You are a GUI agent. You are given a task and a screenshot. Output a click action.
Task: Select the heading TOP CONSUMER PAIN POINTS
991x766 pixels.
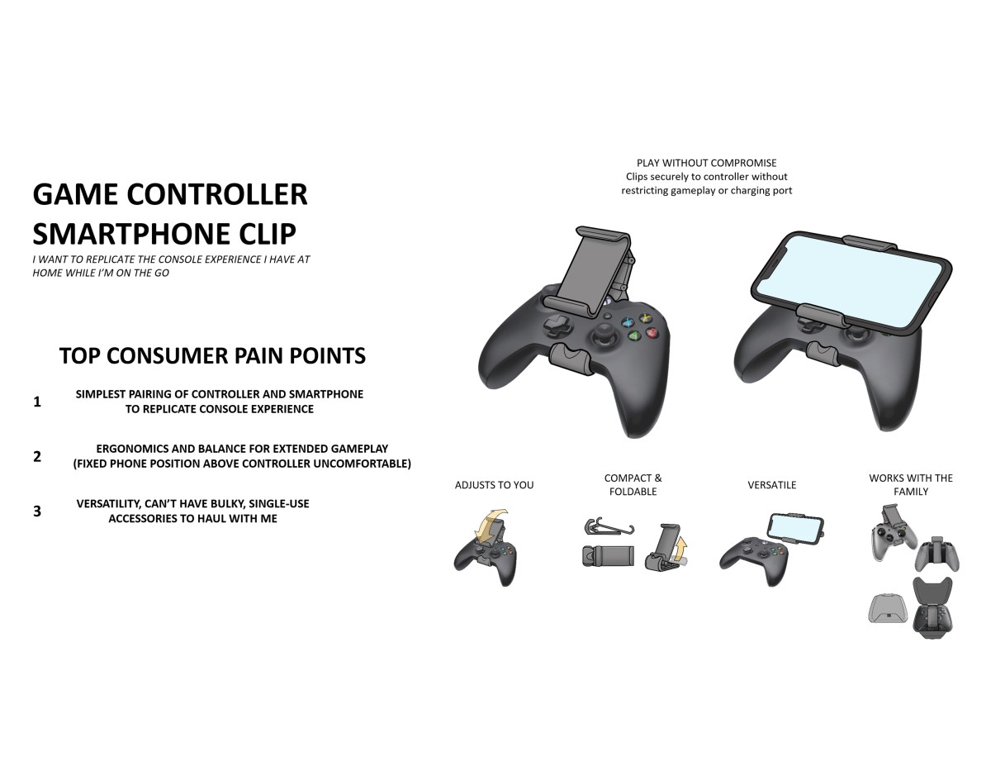pos(212,356)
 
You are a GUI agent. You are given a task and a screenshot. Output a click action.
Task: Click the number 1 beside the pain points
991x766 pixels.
pos(37,402)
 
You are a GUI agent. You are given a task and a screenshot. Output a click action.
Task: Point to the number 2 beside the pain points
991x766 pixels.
pos(37,456)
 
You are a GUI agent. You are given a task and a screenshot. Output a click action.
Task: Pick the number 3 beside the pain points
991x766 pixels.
pos(37,511)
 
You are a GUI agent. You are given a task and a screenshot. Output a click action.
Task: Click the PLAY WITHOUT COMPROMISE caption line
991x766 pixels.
pos(706,163)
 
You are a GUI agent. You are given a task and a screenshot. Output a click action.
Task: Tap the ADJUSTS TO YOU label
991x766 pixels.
pos(494,485)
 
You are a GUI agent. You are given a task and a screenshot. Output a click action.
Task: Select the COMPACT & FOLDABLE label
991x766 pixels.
pos(633,484)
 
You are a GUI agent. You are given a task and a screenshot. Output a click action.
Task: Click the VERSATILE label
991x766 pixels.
pos(771,485)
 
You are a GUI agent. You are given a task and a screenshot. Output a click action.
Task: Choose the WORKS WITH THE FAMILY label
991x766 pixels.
pos(911,484)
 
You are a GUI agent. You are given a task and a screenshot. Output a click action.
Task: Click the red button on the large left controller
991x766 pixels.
pos(652,332)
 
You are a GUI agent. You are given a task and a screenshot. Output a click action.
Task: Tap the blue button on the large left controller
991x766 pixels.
pos(628,322)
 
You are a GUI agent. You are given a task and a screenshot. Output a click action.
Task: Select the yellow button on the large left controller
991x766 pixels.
pos(645,317)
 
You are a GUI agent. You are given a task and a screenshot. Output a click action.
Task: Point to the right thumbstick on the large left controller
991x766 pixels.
pos(605,336)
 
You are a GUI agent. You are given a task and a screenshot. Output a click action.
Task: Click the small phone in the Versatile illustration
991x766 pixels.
pos(796,529)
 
